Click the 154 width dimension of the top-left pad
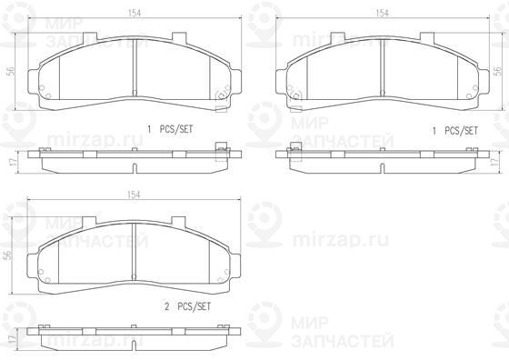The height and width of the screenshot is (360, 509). click(x=135, y=14)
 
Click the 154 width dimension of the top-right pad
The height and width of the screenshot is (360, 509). click(x=382, y=14)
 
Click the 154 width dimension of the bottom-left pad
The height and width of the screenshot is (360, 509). click(x=134, y=195)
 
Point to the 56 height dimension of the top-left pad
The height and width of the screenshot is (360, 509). click(x=11, y=71)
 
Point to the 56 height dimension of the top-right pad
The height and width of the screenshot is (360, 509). click(x=497, y=71)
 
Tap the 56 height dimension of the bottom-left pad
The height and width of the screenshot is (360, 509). click(x=9, y=255)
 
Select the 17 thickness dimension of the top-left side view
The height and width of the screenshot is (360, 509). click(x=12, y=161)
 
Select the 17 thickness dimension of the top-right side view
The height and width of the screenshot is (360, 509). click(x=495, y=161)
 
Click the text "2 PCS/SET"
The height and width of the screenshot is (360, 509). click(x=187, y=306)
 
